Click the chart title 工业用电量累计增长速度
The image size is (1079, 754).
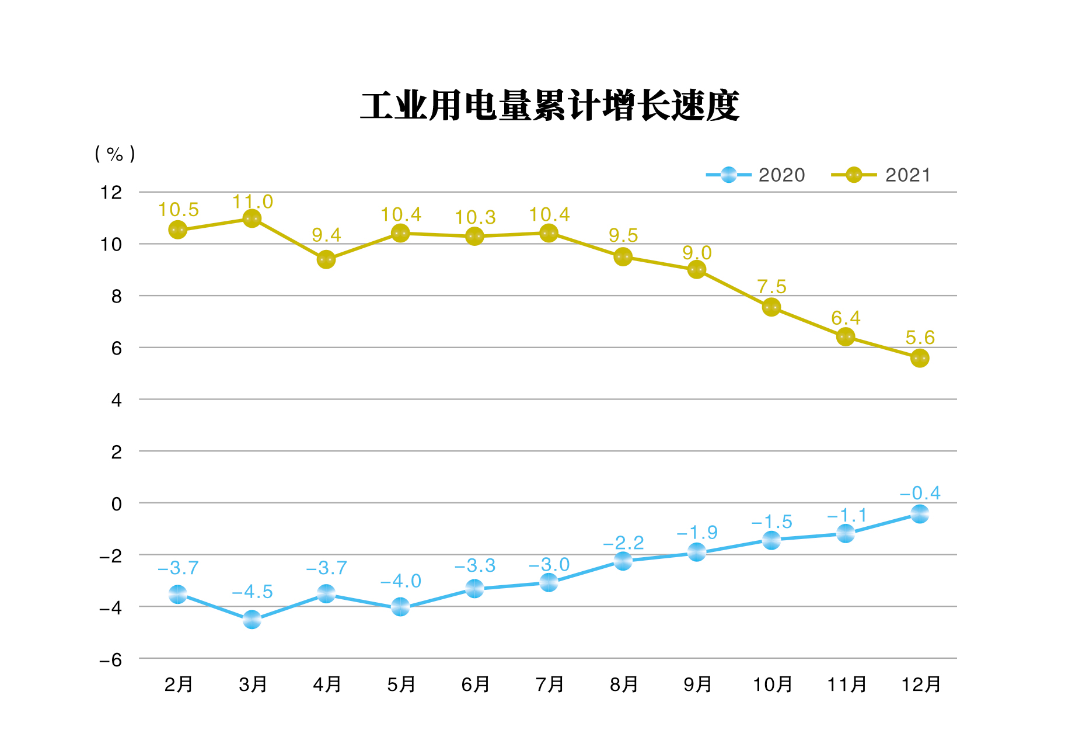pyautogui.click(x=550, y=107)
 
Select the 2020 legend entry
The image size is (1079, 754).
pyautogui.click(x=756, y=175)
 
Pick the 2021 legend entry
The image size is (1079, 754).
pyautogui.click(x=881, y=175)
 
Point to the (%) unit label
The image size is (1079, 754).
pyautogui.click(x=115, y=154)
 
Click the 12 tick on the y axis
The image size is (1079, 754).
pyautogui.click(x=111, y=192)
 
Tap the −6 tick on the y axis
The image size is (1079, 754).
pyautogui.click(x=110, y=660)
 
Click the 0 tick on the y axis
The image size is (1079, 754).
pyautogui.click(x=116, y=503)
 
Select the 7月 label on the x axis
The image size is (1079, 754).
pyautogui.click(x=549, y=684)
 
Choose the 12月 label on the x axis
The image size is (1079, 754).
pyautogui.click(x=921, y=684)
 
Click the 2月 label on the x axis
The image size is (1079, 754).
pyautogui.click(x=178, y=684)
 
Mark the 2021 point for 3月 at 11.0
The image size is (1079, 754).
pyautogui.click(x=252, y=218)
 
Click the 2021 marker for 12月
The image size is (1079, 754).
pyautogui.click(x=920, y=358)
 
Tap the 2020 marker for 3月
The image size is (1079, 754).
pyautogui.click(x=252, y=619)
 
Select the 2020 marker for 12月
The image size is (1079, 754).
pyautogui.click(x=920, y=514)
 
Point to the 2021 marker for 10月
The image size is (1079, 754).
pyautogui.click(x=771, y=307)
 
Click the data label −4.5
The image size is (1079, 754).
pyautogui.click(x=252, y=592)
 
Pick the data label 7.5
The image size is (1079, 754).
pyautogui.click(x=771, y=287)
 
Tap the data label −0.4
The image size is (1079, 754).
pyautogui.click(x=920, y=493)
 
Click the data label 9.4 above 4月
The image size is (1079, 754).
pyautogui.click(x=326, y=235)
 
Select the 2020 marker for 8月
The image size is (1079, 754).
pyautogui.click(x=623, y=561)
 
